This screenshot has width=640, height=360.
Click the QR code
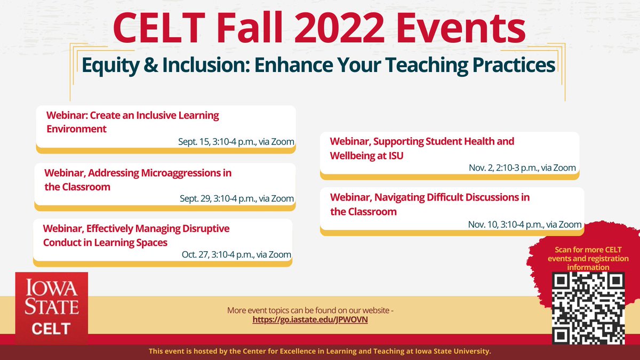tap(588, 308)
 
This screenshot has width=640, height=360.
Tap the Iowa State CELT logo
tap(51, 307)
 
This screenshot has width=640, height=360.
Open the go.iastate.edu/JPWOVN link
tap(310, 319)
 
